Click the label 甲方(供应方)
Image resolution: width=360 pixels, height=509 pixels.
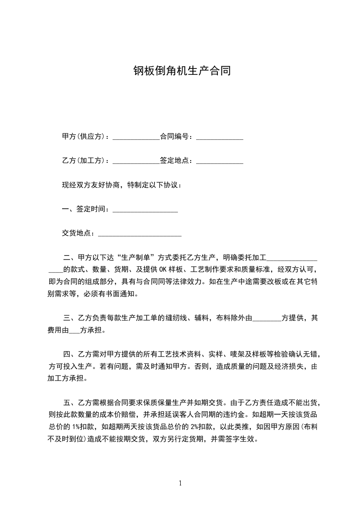[x=85, y=136]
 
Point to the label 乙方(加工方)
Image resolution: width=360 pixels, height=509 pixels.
[x=85, y=161]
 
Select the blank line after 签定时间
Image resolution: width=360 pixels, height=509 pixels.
[x=145, y=210]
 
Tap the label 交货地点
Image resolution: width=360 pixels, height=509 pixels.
[x=78, y=233]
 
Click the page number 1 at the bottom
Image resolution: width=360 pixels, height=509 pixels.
[x=180, y=483]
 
